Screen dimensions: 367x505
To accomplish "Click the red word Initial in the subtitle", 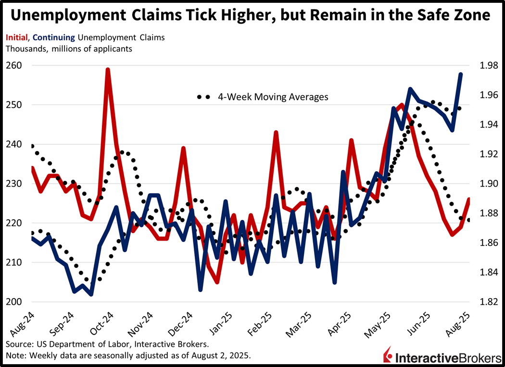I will [16, 37].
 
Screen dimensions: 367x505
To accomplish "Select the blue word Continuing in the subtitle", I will [52, 37].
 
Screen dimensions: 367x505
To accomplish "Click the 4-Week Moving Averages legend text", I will [273, 97].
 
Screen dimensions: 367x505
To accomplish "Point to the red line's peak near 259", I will [108, 69].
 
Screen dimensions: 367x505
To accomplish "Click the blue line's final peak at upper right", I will [461, 74].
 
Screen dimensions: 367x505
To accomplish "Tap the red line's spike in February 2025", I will [276, 132].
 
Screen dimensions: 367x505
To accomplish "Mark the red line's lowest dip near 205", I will [217, 282].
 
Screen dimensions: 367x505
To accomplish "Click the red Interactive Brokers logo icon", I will [387, 356].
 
